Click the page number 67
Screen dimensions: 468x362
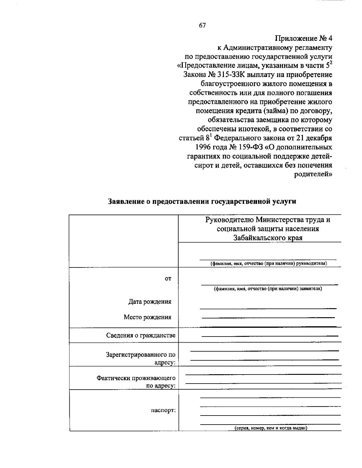point(202,26)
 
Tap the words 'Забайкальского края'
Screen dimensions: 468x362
point(268,238)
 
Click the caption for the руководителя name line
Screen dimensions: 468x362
point(268,264)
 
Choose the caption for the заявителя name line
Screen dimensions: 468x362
point(268,289)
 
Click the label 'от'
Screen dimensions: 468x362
point(168,279)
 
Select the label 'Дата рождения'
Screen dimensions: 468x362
point(150,302)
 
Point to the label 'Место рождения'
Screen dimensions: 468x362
point(148,317)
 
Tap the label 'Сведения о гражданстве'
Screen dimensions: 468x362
point(141,335)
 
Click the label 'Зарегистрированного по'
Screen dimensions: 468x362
point(141,355)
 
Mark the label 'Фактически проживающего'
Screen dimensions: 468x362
point(136,378)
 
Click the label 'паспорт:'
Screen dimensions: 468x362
point(163,410)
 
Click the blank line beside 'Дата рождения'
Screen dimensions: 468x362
point(268,308)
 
